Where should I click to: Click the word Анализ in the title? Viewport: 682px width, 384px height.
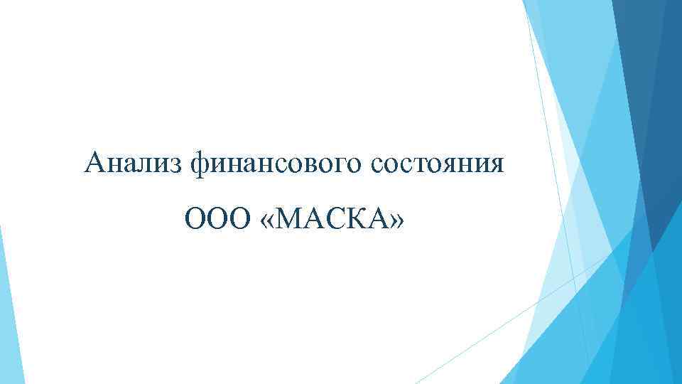pyautogui.click(x=134, y=164)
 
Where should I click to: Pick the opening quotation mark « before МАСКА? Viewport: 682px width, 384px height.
pyautogui.click(x=267, y=220)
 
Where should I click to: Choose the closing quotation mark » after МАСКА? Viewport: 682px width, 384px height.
pyautogui.click(x=396, y=220)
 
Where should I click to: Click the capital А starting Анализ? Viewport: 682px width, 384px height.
pyautogui.click(x=94, y=164)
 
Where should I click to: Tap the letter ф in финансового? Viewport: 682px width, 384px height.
pyautogui.click(x=201, y=165)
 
